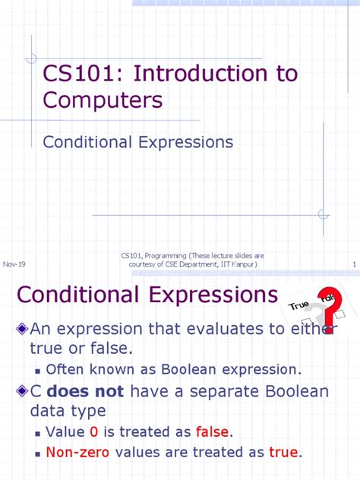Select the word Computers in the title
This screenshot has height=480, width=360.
(103, 101)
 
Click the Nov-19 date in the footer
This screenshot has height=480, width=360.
(14, 264)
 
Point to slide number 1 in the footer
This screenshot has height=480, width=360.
(355, 264)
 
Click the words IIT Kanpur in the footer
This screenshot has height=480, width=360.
(238, 264)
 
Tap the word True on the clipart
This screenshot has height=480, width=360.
(298, 305)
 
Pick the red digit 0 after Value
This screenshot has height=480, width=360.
(93, 432)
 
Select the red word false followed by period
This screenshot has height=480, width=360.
(212, 432)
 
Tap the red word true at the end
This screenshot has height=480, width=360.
(283, 453)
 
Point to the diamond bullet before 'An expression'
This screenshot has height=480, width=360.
(22, 328)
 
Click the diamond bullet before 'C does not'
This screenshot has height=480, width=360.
(22, 392)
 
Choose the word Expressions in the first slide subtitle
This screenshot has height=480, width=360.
(185, 142)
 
